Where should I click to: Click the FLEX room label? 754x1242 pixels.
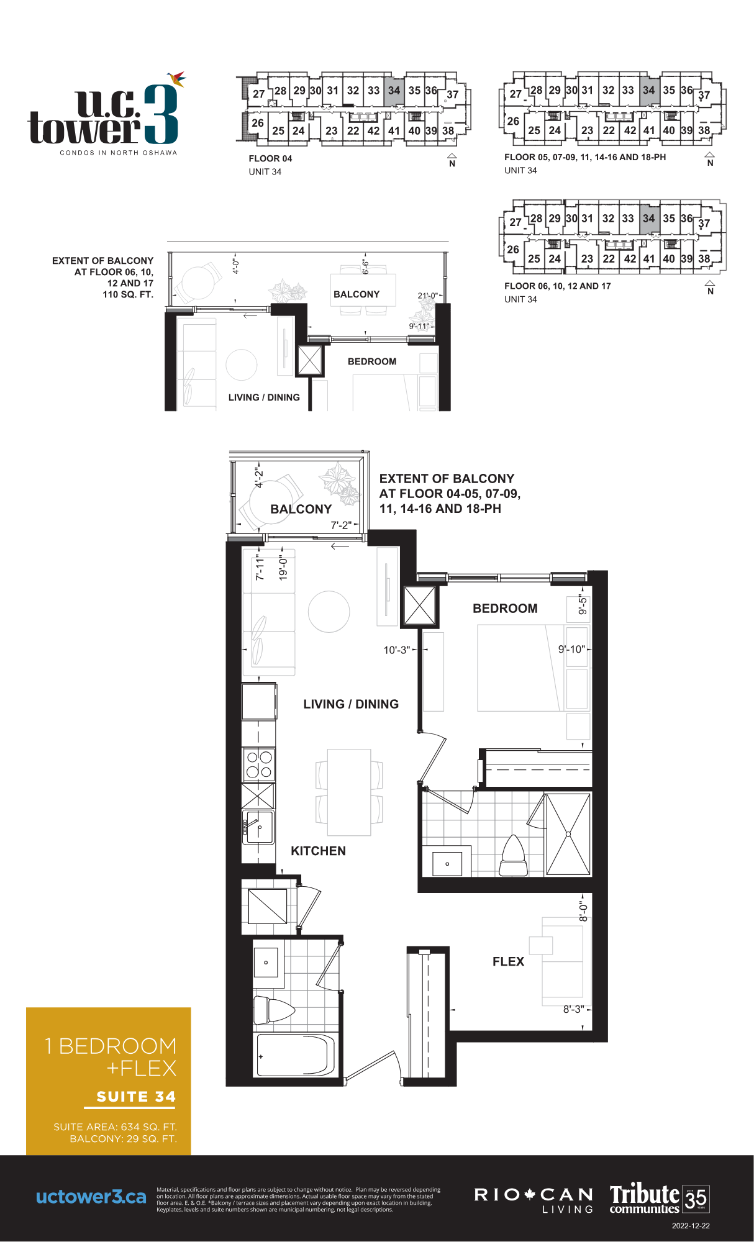[508, 961]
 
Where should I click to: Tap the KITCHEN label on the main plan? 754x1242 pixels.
[318, 851]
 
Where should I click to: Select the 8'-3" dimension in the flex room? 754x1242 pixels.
[573, 1009]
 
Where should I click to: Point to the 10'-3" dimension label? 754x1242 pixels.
[396, 650]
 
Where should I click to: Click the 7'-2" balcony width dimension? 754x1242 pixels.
[341, 525]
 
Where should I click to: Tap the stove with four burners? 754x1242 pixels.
[258, 764]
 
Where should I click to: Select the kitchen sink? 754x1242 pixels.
[258, 827]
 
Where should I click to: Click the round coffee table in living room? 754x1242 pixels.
[329, 612]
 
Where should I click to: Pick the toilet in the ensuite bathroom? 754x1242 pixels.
[514, 856]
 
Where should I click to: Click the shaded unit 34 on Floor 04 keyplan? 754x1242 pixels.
[394, 91]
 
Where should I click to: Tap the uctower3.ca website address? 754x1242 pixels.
[91, 1197]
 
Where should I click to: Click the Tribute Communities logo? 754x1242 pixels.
[659, 1197]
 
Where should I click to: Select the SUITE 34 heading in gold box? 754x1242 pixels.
[136, 1097]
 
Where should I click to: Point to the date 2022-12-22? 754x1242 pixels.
[691, 1226]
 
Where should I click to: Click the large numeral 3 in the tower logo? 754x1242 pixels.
[161, 114]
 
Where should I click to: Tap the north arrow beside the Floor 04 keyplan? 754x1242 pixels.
[452, 160]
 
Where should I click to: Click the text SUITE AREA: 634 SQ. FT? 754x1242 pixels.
[115, 1126]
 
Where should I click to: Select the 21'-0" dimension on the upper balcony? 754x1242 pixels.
[427, 296]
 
